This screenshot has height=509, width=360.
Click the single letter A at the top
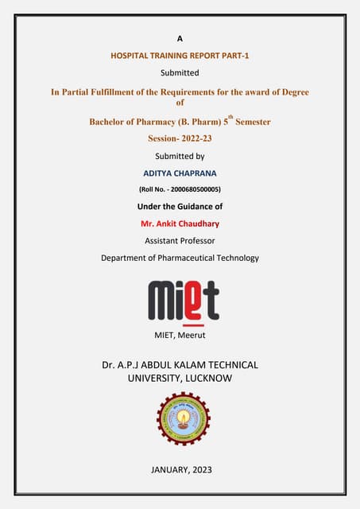tap(179, 37)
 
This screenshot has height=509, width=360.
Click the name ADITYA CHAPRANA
tap(180, 173)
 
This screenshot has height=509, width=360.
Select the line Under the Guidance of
tap(180, 207)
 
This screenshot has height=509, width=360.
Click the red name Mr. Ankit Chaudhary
tap(180, 223)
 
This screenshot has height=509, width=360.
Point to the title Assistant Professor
tap(180, 240)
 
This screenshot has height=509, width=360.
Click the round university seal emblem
tap(180, 418)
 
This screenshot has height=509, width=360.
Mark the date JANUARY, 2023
tap(180, 471)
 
